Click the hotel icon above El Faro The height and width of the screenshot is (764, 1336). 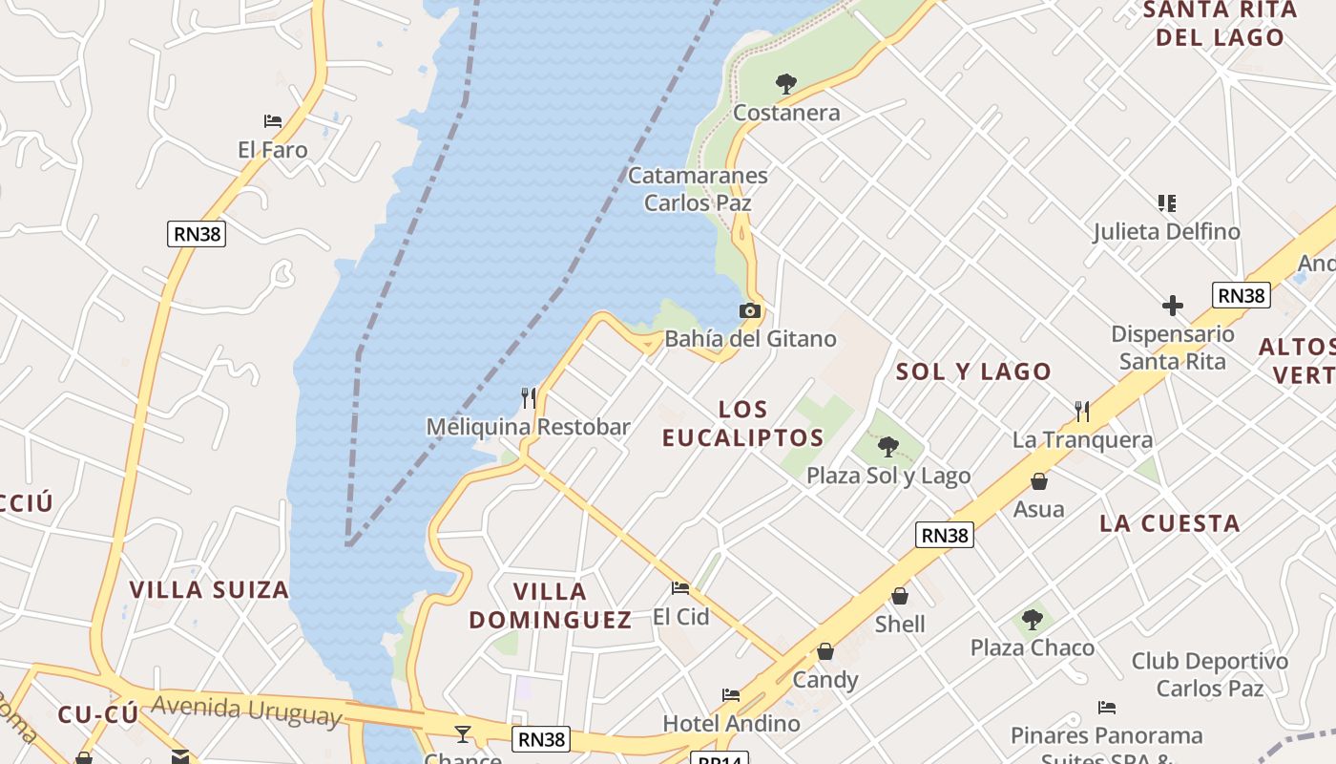(x=273, y=121)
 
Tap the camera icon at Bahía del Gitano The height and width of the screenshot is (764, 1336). (x=750, y=310)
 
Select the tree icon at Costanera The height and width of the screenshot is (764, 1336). (x=786, y=84)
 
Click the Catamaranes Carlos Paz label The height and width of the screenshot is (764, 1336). (x=698, y=189)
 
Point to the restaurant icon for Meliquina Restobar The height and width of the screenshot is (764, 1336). (x=528, y=397)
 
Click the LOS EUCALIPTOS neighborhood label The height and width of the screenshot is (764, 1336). (x=742, y=424)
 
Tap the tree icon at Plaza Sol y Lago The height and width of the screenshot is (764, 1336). (x=887, y=446)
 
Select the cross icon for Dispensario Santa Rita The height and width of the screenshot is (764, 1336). (x=1173, y=306)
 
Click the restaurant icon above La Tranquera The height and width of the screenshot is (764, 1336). (x=1082, y=411)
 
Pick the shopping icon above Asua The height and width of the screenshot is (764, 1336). (x=1039, y=480)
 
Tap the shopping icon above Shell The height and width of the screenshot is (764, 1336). (x=900, y=596)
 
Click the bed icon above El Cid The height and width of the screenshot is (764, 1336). (x=680, y=588)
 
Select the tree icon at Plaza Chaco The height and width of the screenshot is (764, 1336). (x=1032, y=619)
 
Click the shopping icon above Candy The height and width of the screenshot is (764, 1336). (x=825, y=651)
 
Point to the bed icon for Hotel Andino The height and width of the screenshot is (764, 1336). (x=731, y=695)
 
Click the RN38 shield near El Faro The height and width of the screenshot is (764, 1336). (x=197, y=234)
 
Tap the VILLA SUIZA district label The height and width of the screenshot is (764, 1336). (x=209, y=589)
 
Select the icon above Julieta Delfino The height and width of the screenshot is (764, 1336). (x=1166, y=202)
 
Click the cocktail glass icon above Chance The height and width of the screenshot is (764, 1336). (x=463, y=733)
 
